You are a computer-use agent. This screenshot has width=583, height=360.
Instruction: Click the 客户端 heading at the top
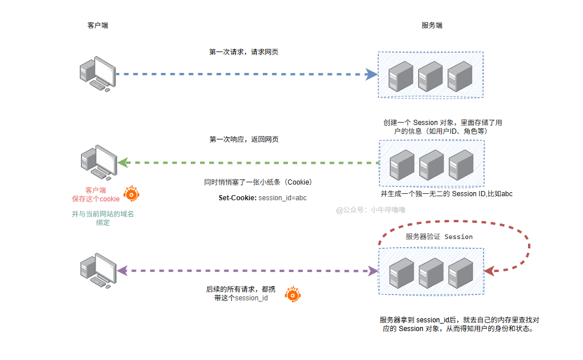97,25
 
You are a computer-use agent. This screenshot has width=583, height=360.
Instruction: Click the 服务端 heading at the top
432,25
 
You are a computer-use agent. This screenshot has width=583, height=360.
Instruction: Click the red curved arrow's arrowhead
489,271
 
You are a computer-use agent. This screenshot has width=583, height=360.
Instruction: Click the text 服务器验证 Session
439,237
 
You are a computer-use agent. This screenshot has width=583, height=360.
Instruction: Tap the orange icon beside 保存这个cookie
132,194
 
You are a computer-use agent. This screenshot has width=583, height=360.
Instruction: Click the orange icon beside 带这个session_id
294,295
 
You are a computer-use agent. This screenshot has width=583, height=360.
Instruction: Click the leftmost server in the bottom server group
401,272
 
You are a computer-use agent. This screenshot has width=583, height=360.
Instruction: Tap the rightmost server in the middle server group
461,164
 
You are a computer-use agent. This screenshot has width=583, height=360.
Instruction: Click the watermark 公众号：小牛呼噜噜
371,210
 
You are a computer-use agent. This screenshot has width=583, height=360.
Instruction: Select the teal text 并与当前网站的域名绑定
103,218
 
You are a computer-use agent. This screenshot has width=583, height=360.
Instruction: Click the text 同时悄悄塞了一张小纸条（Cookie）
259,182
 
